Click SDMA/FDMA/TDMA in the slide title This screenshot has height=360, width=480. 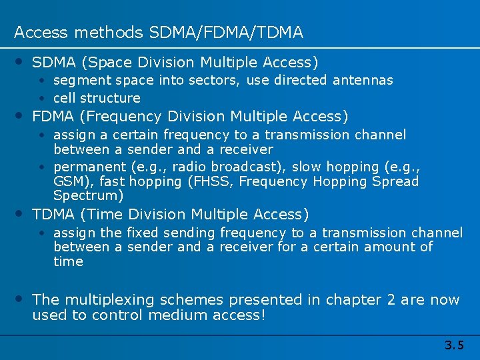pos(226,32)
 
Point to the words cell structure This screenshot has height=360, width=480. pos(97,98)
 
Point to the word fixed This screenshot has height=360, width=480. pos(141,233)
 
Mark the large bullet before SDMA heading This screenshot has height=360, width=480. pos(21,61)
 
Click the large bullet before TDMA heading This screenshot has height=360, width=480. pos(21,213)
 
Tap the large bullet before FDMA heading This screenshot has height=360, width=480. pos(21,115)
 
